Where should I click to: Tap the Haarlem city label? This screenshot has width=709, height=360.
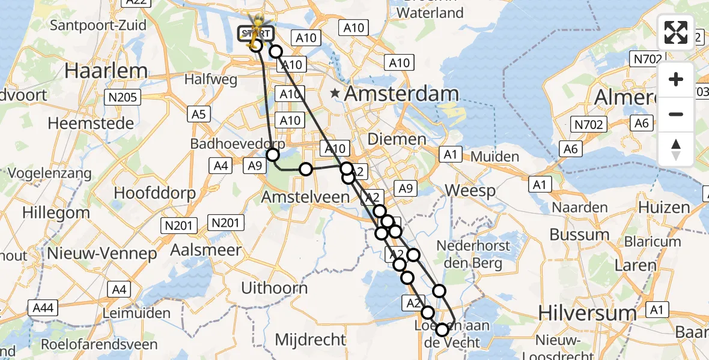[106, 70]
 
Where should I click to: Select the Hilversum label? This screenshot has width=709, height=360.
[579, 313]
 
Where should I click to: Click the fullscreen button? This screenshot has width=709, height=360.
[676, 32]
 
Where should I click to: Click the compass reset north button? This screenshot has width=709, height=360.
[676, 149]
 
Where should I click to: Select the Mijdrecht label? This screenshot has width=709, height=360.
[311, 340]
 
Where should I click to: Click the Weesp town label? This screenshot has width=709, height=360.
[470, 191]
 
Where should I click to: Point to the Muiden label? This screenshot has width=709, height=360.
[495, 157]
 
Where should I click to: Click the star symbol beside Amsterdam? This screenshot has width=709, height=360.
[336, 94]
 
